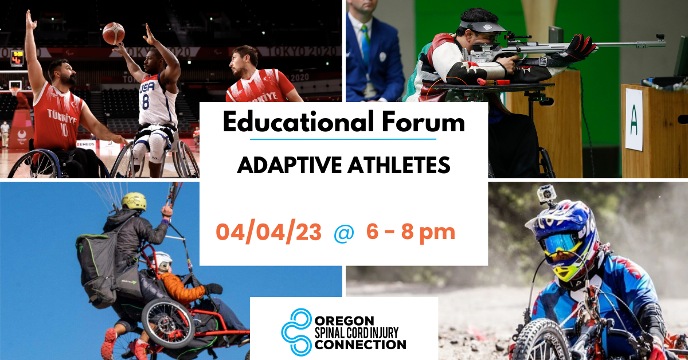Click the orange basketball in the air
(x=114, y=33)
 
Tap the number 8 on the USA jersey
(x=146, y=101)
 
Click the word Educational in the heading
(x=298, y=122)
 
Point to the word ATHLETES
(x=399, y=165)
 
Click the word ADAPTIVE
(x=290, y=165)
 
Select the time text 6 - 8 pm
(x=411, y=232)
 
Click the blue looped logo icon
(x=297, y=332)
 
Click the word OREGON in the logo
(x=345, y=321)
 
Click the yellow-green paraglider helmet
(x=134, y=202)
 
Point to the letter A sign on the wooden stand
(x=634, y=124)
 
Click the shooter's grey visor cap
(x=481, y=25)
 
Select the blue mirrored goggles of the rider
(x=562, y=244)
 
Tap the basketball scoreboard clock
(x=17, y=58)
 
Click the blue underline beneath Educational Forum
(x=343, y=139)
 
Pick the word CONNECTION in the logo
(x=360, y=345)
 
